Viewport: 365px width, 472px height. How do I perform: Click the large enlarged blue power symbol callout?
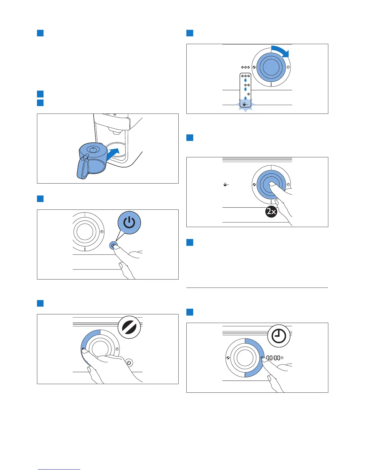point(129,223)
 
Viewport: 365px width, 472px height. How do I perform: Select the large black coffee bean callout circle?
point(129,327)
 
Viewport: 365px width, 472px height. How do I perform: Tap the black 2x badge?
point(271,212)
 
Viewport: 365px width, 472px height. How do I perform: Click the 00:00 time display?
point(273,358)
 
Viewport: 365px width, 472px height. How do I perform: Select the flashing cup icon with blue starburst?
point(245,105)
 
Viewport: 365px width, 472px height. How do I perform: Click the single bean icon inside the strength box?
point(248,94)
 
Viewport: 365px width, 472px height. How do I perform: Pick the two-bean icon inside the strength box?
point(247,85)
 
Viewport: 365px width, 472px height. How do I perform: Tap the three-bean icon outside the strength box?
point(245,67)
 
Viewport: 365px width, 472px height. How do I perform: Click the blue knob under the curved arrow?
point(271,67)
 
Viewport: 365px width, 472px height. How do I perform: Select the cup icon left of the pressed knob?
point(226,185)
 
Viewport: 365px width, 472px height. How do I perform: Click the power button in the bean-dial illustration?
point(129,363)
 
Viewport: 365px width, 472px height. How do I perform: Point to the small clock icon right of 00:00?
point(282,358)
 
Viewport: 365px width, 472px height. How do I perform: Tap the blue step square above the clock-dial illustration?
point(190,312)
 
